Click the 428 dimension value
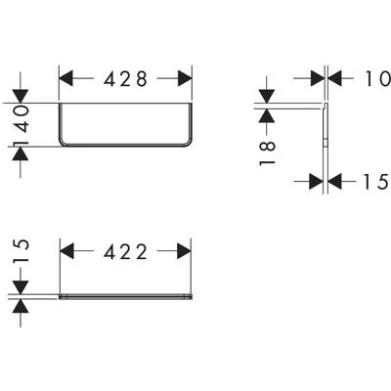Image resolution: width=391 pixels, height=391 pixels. [x=125, y=79]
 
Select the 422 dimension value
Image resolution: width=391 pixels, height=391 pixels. [x=125, y=252]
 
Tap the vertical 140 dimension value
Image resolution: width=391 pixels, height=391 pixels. [x=22, y=125]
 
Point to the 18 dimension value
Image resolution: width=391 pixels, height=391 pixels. [x=268, y=153]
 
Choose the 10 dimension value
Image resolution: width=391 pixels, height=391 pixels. [x=377, y=79]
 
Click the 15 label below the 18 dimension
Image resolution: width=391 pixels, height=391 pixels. [x=375, y=182]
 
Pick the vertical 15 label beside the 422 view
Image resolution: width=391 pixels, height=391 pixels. [x=22, y=250]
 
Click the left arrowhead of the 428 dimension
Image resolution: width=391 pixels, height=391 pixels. [x=65, y=79]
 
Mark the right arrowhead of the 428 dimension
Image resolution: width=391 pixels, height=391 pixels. [x=185, y=79]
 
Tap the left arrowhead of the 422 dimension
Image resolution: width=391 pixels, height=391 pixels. [x=67, y=251]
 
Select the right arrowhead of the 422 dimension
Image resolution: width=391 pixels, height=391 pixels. [x=184, y=251]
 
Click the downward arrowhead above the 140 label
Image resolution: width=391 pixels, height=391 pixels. [x=21, y=96]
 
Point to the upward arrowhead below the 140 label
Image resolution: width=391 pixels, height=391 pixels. [x=21, y=153]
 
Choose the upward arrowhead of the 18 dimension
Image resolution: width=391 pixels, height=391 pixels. [x=267, y=115]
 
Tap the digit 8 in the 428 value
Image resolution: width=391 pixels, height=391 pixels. [x=142, y=79]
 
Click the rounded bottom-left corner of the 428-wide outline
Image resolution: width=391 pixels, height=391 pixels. [x=63, y=143]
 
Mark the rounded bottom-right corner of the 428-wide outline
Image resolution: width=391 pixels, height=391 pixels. [x=188, y=143]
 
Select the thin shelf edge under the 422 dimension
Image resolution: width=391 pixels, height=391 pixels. [x=125, y=296]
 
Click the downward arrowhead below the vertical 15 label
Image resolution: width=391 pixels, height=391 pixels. [x=21, y=287]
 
